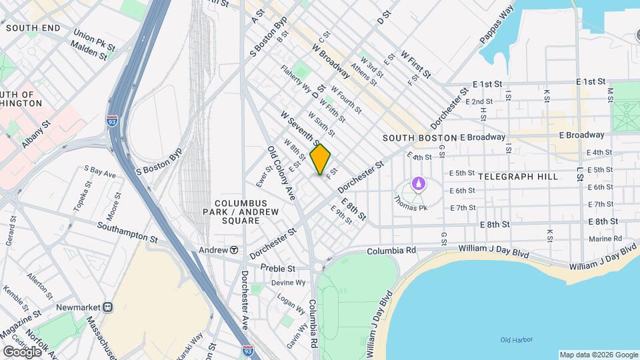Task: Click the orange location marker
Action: coord(321,159)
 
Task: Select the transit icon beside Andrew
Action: coord(234,250)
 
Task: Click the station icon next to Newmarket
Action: coord(108,307)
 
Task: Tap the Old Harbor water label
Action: coord(517,340)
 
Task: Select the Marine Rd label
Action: coord(605,239)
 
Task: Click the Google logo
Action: coord(21,351)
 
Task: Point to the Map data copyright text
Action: coord(598,355)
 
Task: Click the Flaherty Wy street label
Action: coord(296,79)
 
